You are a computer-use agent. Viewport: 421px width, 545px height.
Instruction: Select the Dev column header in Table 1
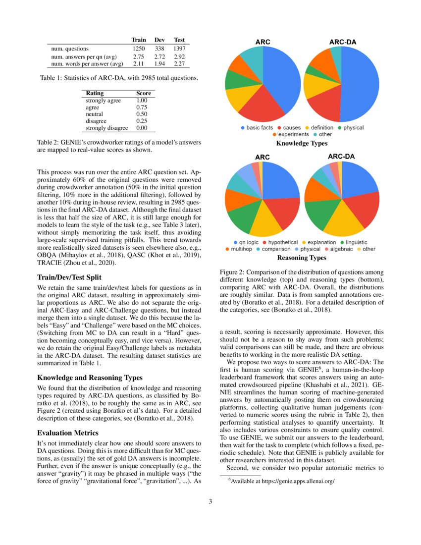pyautogui.click(x=159, y=40)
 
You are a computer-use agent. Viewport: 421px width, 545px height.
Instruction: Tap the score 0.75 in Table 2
pyautogui.click(x=143, y=107)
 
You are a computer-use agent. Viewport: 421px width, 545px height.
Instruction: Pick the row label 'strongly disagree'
pyautogui.click(x=107, y=128)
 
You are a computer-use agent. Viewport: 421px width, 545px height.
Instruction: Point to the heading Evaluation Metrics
pyautogui.click(x=68, y=433)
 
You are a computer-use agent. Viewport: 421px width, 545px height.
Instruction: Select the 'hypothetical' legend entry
pyautogui.click(x=283, y=242)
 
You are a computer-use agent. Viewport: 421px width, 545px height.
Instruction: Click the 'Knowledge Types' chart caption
pyautogui.click(x=302, y=143)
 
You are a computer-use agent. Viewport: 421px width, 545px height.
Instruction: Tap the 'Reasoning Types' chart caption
pyautogui.click(x=302, y=258)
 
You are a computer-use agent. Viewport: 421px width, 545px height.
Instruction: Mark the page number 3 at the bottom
pyautogui.click(x=210, y=501)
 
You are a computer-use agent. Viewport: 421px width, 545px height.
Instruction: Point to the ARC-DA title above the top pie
pyautogui.click(x=341, y=42)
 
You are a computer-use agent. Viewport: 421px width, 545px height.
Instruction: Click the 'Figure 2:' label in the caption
pyautogui.click(x=233, y=272)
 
